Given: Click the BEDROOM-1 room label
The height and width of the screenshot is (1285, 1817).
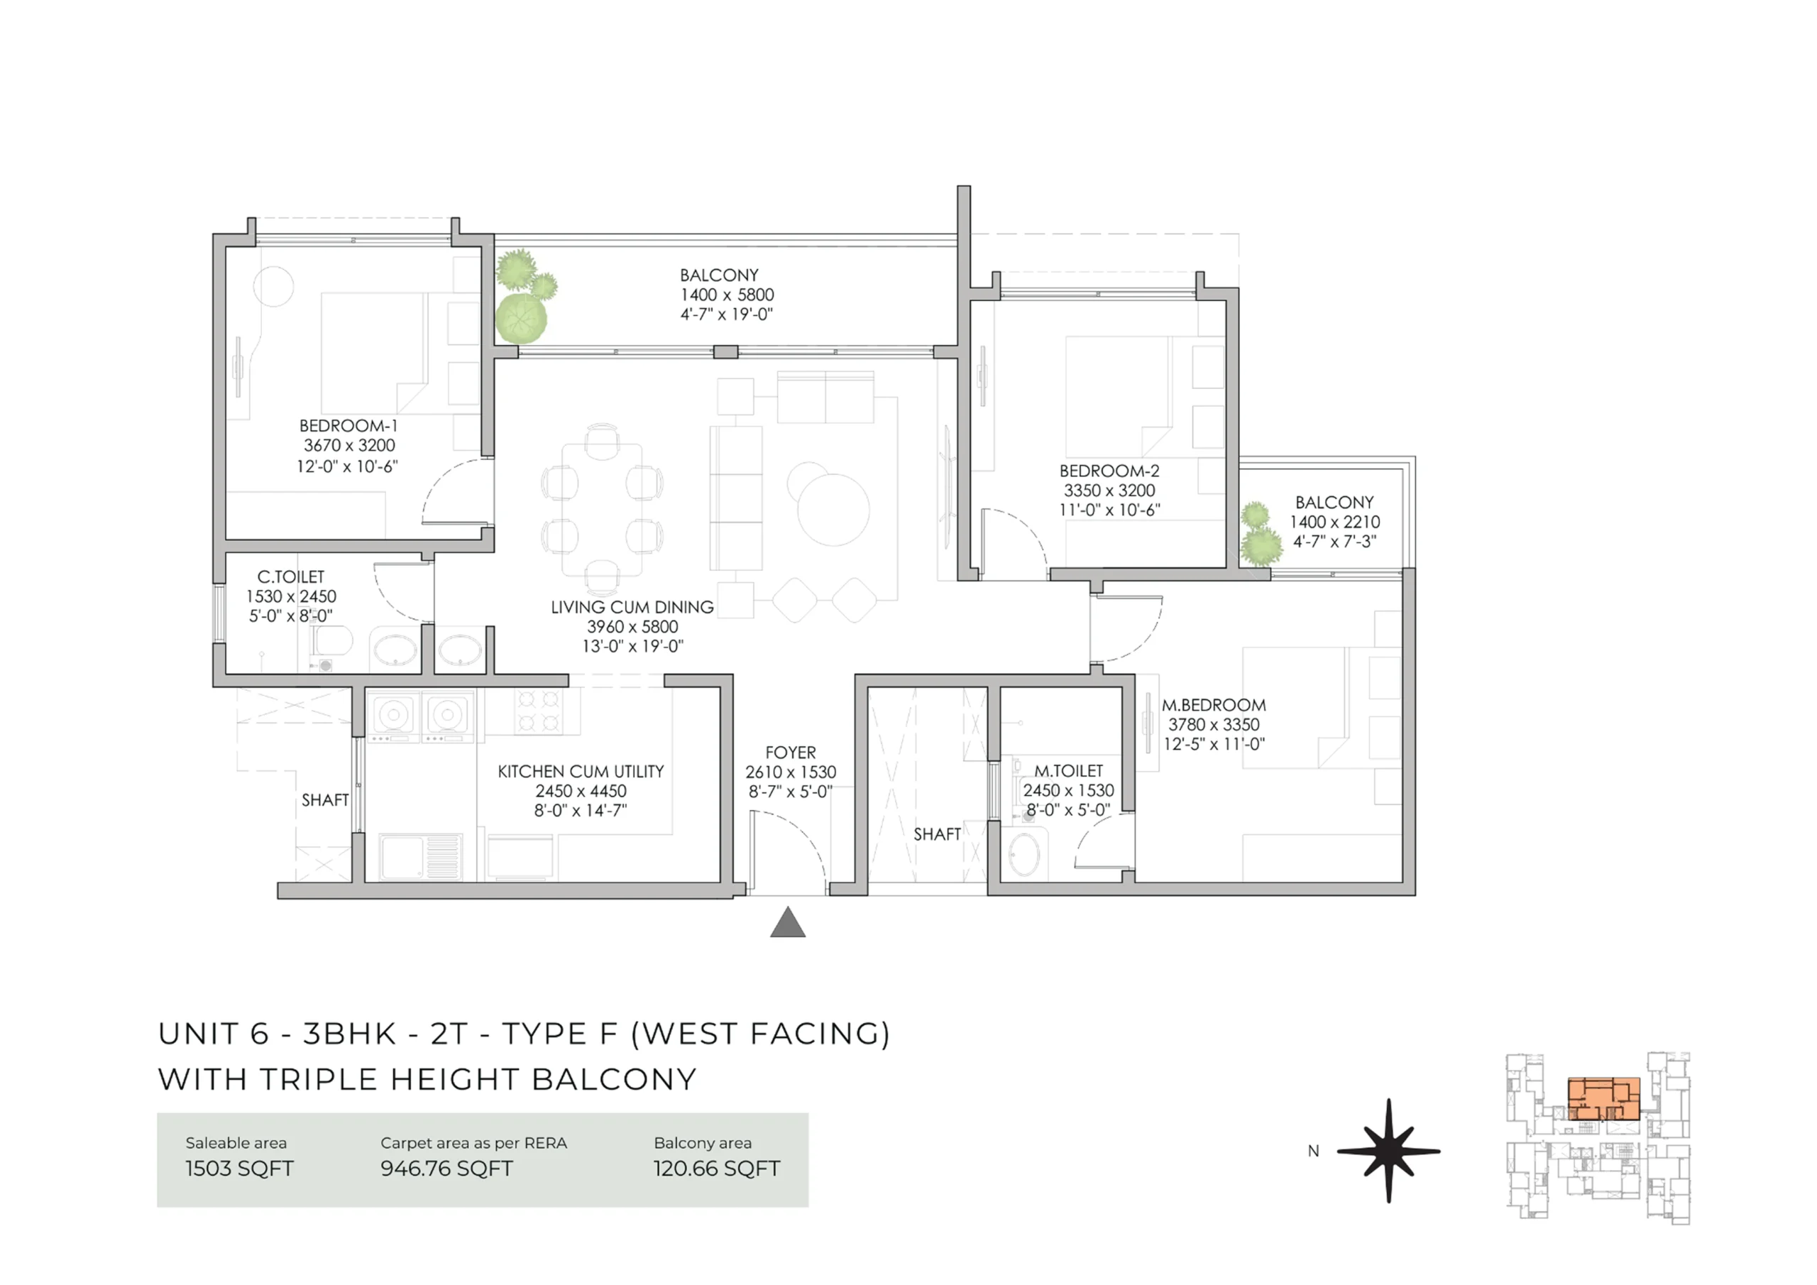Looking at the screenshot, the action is point(348,426).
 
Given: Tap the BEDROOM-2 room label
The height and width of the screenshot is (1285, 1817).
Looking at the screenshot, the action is point(1109,471).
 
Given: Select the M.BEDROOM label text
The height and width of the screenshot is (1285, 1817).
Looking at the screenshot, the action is point(1213,706).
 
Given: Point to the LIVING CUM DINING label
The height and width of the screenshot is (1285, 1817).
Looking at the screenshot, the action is point(632,607).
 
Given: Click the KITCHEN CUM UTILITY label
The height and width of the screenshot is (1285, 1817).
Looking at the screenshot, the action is point(580,771).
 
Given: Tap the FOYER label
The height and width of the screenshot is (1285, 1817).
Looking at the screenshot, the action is point(790,753).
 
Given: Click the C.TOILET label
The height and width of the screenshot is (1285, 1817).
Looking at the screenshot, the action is point(290,577).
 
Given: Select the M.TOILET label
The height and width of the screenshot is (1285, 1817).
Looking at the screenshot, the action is point(1068,771).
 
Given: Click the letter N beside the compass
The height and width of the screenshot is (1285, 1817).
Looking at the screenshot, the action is point(1314,1152).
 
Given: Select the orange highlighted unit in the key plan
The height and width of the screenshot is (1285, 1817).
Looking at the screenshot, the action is point(1603,1099).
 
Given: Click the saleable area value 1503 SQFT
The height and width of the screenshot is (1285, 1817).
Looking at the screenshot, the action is point(239,1169).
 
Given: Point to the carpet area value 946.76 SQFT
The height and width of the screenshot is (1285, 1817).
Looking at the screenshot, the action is point(446,1169).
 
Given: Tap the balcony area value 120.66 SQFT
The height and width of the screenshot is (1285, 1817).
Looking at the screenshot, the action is point(716,1169).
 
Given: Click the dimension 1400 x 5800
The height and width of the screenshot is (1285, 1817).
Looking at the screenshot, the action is point(727,295).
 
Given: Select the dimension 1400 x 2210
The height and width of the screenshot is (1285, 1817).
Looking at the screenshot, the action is point(1334,523).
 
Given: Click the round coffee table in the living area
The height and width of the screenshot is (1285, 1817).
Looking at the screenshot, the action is point(833,510).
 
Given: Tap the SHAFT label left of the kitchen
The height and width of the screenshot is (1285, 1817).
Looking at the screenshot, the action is point(324,800).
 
